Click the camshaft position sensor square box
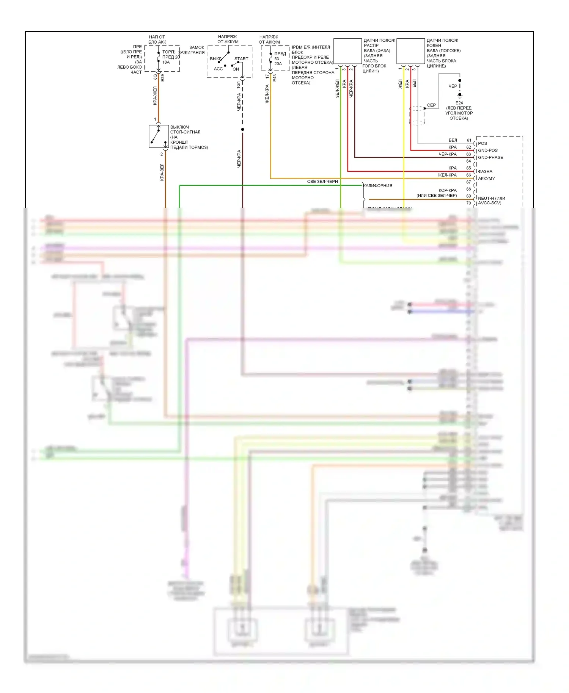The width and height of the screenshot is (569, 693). point(347,51)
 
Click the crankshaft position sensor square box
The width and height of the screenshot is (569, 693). point(410,51)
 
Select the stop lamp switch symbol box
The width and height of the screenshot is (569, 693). point(159,136)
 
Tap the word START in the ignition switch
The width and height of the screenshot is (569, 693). point(241,59)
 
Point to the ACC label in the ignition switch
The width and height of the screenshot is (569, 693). point(218,69)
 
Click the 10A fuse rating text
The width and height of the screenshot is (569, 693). point(166,62)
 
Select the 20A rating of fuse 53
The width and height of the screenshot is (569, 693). point(278,64)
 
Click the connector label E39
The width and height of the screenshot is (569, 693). point(162,78)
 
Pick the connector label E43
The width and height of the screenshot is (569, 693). point(274,78)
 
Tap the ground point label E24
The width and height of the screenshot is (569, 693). point(459,103)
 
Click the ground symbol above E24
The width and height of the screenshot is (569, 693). point(460,96)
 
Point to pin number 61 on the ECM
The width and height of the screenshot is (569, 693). point(469,140)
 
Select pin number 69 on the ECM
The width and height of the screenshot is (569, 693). point(469,196)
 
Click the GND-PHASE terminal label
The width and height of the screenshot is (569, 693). point(490,157)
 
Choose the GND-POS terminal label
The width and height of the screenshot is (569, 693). point(488,151)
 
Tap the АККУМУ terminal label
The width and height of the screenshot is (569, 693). point(486,179)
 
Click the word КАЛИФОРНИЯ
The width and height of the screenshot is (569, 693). point(378,186)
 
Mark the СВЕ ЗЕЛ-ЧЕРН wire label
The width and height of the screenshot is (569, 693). point(322,182)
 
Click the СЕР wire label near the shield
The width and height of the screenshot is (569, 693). point(431,105)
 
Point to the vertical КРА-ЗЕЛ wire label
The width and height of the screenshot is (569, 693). point(162,172)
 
